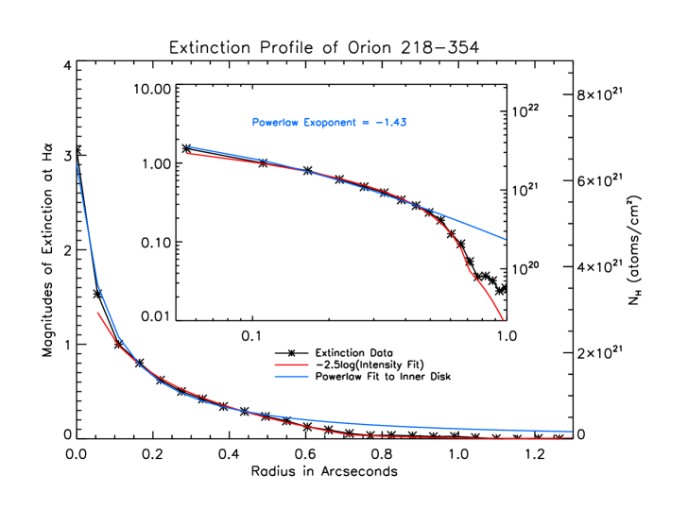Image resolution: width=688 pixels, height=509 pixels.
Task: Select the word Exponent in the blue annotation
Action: [x=331, y=123]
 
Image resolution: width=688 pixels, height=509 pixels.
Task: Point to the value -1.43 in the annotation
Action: [x=390, y=123]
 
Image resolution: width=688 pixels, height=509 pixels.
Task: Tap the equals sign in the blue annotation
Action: [x=365, y=123]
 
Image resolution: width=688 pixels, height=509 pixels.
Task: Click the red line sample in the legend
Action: [x=292, y=365]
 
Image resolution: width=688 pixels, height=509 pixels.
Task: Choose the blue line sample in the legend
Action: [x=292, y=376]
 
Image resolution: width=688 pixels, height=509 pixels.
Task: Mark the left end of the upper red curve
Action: [x=186, y=153]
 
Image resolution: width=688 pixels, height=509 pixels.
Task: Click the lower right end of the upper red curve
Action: [x=503, y=319]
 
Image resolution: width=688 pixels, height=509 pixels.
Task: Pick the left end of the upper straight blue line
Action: [x=186, y=146]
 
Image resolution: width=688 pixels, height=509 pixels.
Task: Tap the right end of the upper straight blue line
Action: [x=506, y=240]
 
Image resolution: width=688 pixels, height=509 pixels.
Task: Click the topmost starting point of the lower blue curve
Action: [x=77, y=164]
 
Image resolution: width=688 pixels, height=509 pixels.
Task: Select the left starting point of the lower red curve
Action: [x=97, y=312]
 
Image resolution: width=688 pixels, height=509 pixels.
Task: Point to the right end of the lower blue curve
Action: [x=572, y=432]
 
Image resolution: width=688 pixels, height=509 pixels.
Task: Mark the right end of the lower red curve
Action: [x=572, y=437]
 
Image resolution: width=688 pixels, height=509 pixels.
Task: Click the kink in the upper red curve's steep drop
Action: [x=469, y=272]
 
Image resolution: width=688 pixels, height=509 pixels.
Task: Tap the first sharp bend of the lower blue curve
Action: [x=97, y=285]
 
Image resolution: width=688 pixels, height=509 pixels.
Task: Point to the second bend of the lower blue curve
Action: [x=119, y=337]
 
